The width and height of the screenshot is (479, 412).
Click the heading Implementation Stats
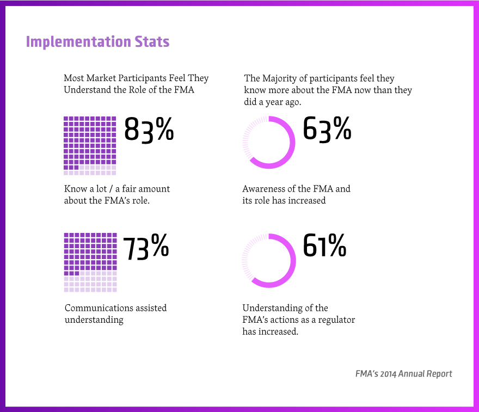[97, 42]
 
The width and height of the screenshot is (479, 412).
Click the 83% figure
[149, 130]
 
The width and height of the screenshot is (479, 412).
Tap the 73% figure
[145, 248]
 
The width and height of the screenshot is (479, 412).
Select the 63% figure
[327, 130]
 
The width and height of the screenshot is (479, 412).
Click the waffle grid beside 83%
[90, 145]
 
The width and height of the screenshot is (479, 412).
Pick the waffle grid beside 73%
[90, 262]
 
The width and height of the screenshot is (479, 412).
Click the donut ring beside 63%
[269, 143]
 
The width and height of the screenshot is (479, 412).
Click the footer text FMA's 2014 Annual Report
[403, 374]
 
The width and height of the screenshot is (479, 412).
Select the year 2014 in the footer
[388, 374]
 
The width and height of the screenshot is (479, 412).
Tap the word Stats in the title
[152, 42]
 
